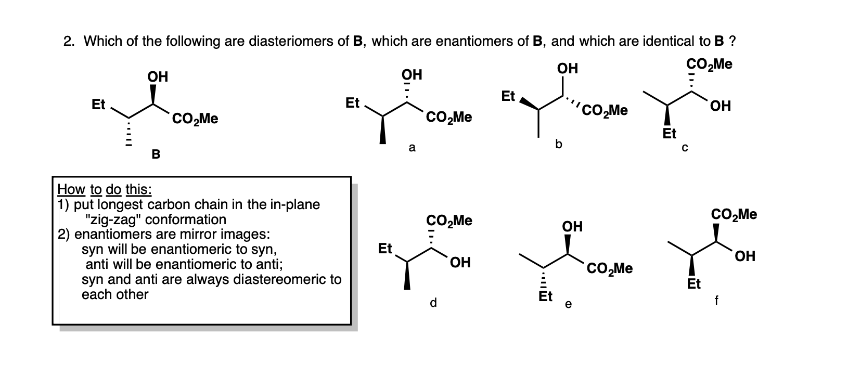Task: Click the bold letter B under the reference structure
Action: (156, 154)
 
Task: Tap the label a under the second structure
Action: (412, 148)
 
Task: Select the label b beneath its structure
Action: (559, 144)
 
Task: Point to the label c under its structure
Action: (685, 148)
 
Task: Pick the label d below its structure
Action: (433, 302)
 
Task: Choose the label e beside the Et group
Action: (568, 305)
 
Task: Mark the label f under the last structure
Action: (717, 300)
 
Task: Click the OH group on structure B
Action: (158, 77)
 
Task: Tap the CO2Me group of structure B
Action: (195, 119)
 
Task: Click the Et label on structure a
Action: (352, 104)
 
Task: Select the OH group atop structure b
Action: (567, 69)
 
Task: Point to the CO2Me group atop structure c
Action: (709, 64)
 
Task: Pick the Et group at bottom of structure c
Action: (670, 134)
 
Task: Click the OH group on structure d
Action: (460, 263)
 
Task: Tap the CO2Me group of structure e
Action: (609, 268)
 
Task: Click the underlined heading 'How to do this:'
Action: (104, 188)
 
